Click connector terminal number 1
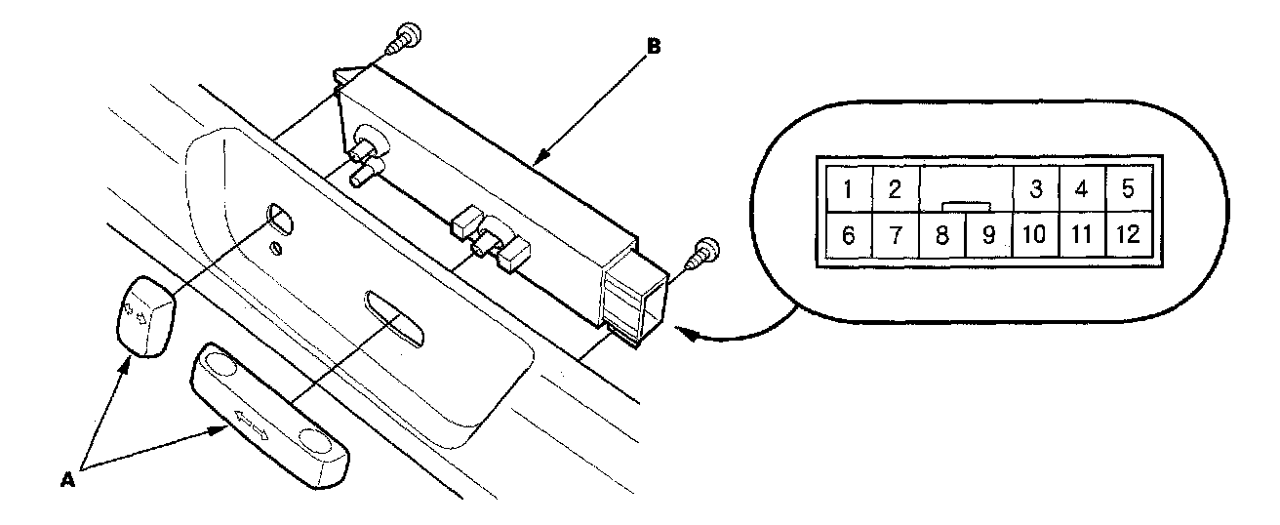pos(850,188)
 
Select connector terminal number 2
pos(895,188)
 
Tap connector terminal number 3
pos(1036,188)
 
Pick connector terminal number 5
pos(1129,188)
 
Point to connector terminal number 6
pos(850,236)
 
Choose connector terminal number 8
pos(941,236)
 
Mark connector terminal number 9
pos(988,236)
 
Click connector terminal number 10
pos(1036,236)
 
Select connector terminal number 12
pos(1129,236)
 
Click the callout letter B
pos(654,45)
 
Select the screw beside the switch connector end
pos(704,255)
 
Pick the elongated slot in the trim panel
pos(395,317)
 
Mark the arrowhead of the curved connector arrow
pos(685,334)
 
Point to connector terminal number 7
pos(895,236)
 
